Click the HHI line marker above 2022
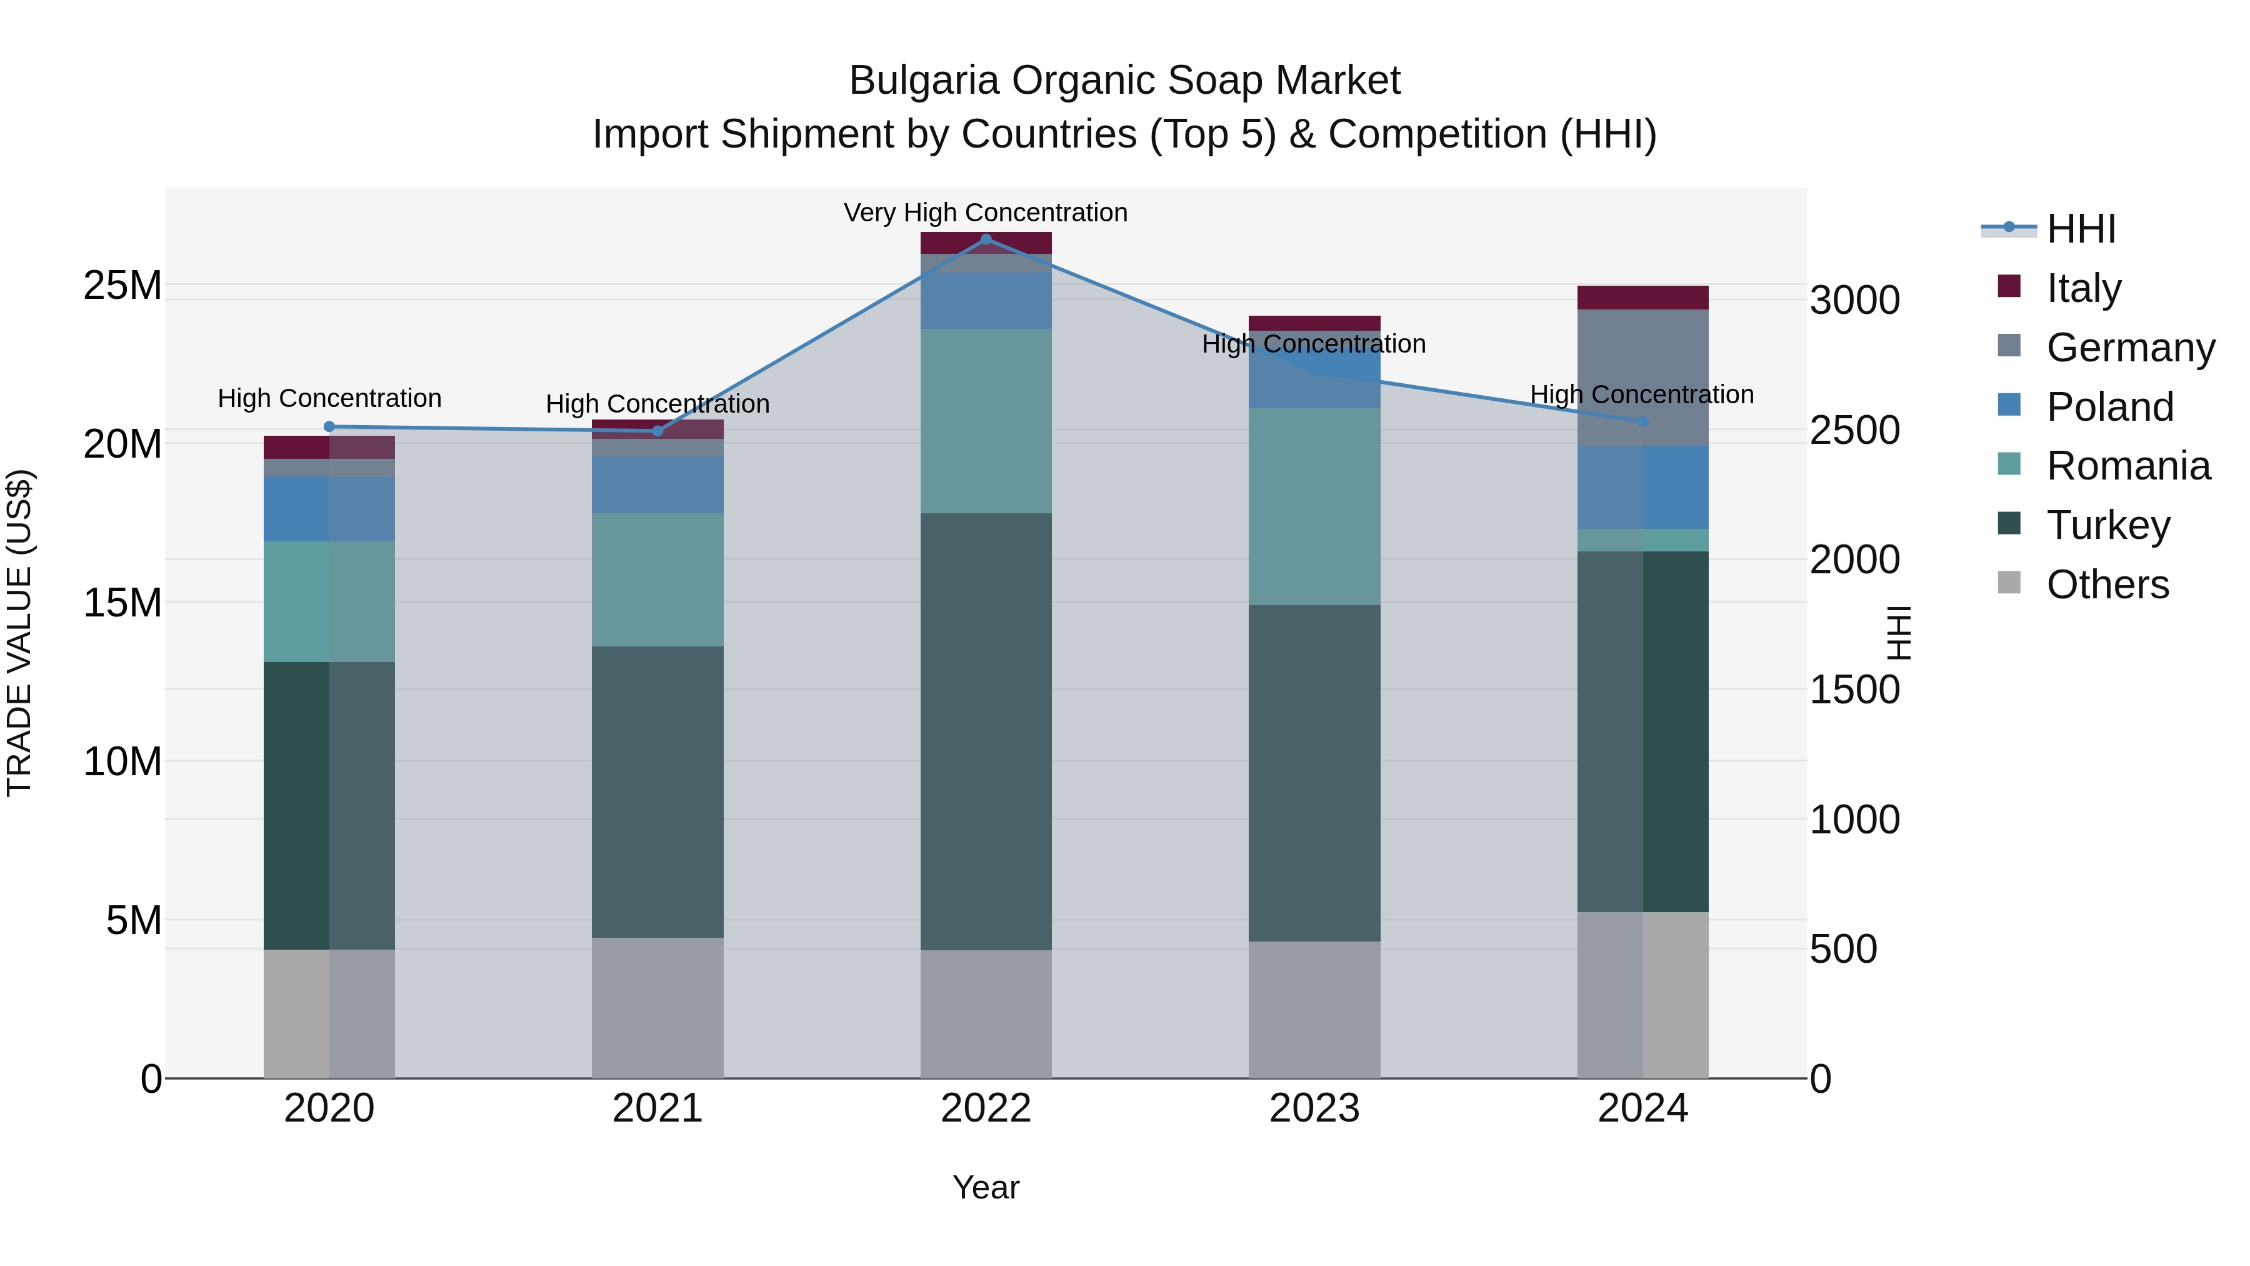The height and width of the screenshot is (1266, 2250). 986,239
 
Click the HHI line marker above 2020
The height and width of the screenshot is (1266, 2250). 329,426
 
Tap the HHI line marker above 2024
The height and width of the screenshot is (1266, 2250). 1642,422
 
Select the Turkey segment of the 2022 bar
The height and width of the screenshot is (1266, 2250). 986,731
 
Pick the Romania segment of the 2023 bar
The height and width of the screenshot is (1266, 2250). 1314,507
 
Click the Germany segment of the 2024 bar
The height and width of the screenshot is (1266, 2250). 1642,378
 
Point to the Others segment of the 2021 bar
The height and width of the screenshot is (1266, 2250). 657,1007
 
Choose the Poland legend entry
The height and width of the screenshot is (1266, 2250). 2109,407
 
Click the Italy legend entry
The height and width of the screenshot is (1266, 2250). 2082,288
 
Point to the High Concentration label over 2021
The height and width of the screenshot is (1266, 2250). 657,404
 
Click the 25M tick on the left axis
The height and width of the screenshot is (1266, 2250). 122,286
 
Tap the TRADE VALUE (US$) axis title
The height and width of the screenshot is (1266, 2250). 19,633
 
